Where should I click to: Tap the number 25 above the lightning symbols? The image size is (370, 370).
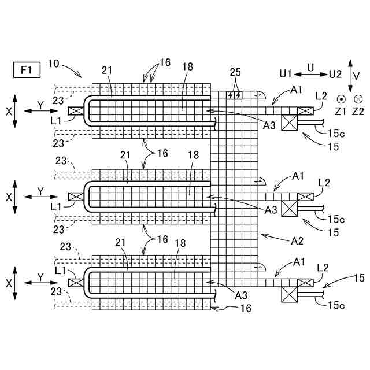(235, 73)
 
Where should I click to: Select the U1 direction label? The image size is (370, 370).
(286, 74)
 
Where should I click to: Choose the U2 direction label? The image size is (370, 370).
(335, 74)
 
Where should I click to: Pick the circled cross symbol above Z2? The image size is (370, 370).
(358, 99)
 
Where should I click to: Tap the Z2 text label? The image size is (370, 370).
(358, 110)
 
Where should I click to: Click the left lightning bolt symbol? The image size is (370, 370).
(231, 94)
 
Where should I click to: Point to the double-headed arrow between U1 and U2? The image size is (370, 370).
(310, 74)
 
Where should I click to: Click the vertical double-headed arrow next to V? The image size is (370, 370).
(349, 76)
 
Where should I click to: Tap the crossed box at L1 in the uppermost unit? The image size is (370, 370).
(75, 111)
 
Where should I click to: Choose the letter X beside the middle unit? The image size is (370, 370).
(9, 197)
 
